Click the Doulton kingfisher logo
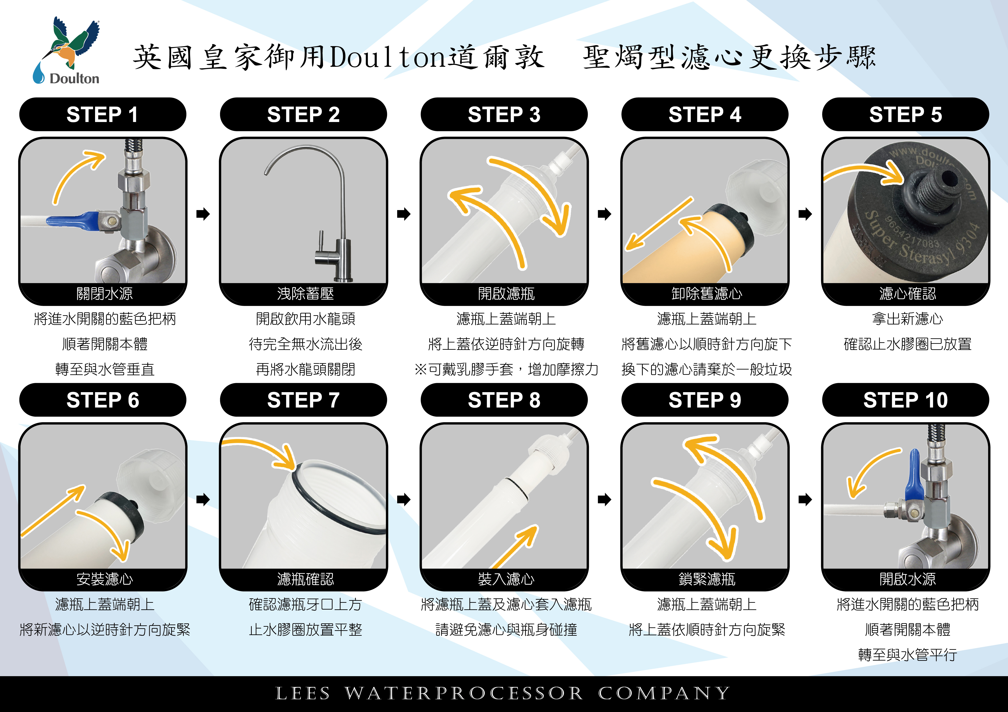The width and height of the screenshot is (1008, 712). pos(67,51)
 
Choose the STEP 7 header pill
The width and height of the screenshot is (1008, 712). pos(303,400)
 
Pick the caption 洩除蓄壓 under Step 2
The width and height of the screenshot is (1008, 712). pos(305,293)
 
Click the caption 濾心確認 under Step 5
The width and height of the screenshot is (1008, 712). pos(907,293)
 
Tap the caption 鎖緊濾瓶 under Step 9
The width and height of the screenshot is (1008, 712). pos(707,579)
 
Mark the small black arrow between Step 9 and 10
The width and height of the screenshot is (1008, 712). pos(805,499)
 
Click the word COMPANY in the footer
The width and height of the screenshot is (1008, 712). pos(664,694)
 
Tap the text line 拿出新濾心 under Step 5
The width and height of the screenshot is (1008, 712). pos(907,319)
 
